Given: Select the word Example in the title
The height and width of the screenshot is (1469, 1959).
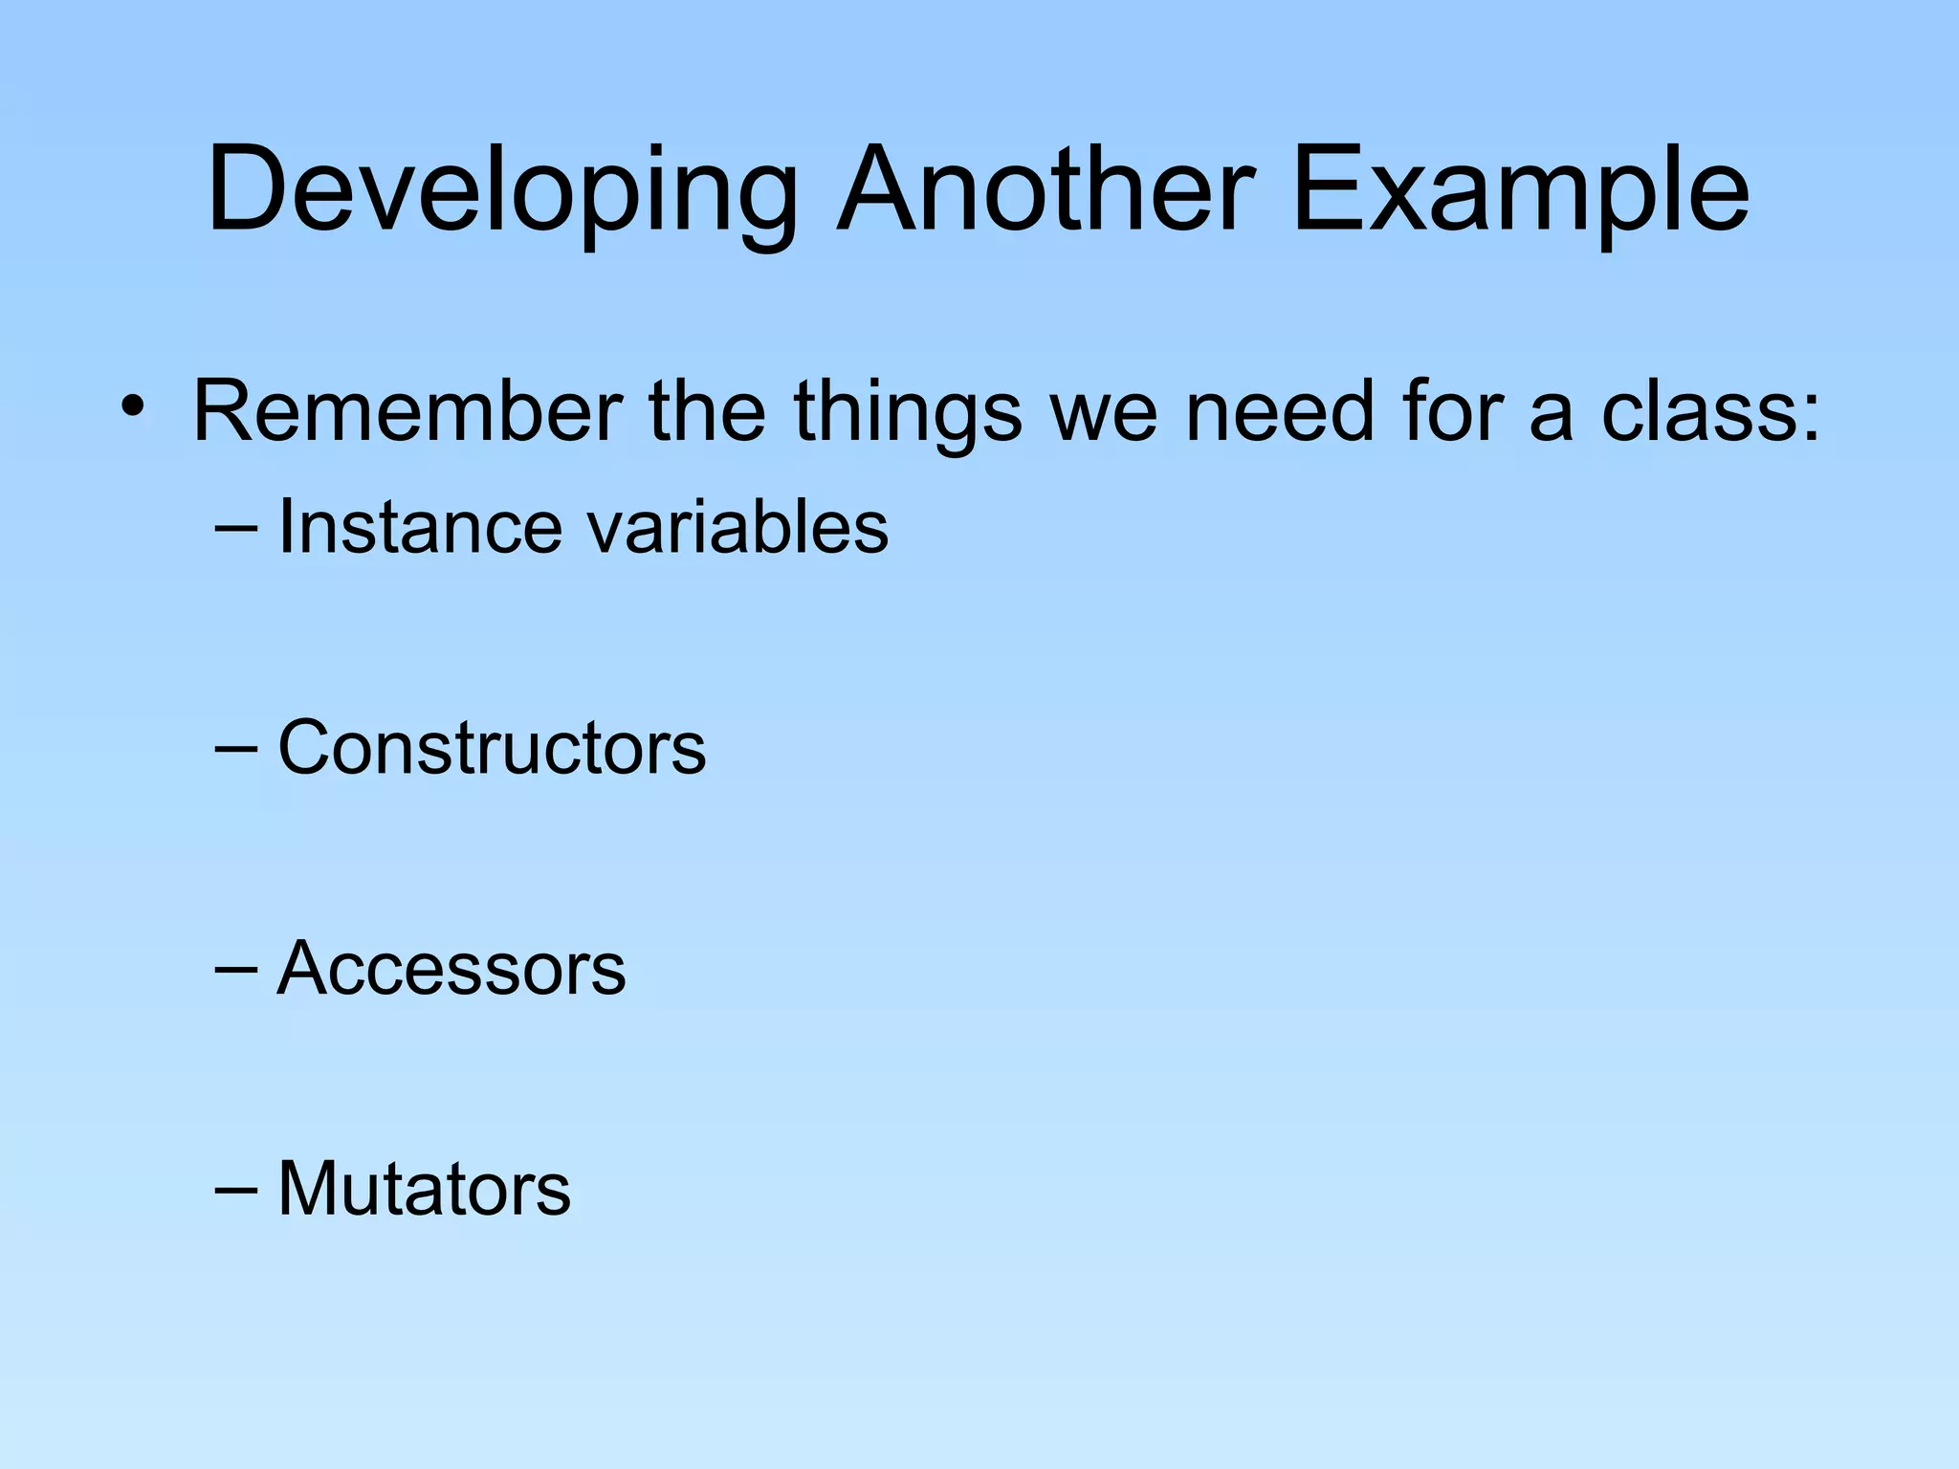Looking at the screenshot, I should [x=1520, y=191].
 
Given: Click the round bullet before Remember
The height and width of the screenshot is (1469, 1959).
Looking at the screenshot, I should [x=133, y=409].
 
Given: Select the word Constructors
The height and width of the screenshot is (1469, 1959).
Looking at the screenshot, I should [x=492, y=748].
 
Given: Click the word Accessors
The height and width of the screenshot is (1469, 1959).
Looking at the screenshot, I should [x=451, y=968].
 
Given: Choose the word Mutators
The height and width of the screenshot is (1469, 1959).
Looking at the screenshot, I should [x=424, y=1189].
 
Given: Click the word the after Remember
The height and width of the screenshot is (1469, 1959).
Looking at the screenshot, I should [x=707, y=411].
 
